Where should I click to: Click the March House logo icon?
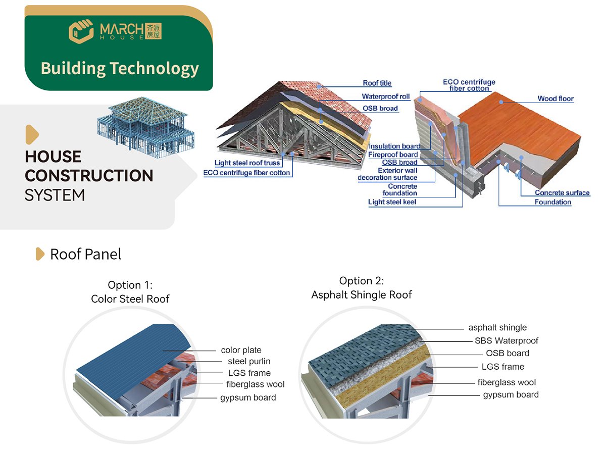coord(80,31)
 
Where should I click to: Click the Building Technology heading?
coord(120,68)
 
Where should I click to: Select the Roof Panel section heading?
coord(85,254)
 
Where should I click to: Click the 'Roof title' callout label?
coord(377,83)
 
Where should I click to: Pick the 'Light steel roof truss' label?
coord(247,163)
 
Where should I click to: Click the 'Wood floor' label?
coord(555,98)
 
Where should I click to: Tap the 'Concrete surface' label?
coord(562,193)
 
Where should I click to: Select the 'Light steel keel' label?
coord(392,203)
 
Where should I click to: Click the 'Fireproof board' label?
coord(393,155)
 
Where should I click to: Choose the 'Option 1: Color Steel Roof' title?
coord(130,292)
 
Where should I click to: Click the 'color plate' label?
coord(241,350)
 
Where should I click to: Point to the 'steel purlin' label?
coord(249,361)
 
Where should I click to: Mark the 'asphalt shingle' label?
coord(497,328)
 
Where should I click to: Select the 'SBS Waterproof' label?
coord(507,341)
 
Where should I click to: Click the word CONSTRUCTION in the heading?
coord(89,176)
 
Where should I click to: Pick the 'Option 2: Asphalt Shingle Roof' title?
coord(362,288)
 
